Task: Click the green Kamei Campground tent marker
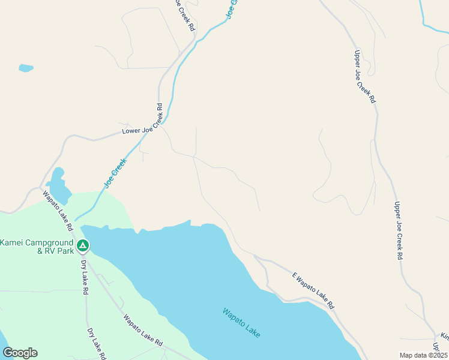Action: (x=83, y=245)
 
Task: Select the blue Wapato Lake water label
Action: (x=241, y=322)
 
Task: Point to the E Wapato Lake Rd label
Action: (x=313, y=290)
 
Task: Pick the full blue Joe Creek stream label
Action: (x=116, y=173)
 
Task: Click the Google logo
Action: (x=20, y=352)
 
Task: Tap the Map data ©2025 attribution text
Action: (x=423, y=355)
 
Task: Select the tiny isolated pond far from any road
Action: (x=26, y=68)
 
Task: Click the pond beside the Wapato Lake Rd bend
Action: (x=58, y=186)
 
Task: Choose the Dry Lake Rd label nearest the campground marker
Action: (x=85, y=276)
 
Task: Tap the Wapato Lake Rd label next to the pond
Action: (x=58, y=211)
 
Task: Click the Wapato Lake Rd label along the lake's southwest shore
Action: (x=143, y=331)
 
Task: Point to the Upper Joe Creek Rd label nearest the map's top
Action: (x=364, y=76)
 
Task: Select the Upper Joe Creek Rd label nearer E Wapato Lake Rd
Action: (x=397, y=230)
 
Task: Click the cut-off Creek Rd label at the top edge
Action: (x=184, y=15)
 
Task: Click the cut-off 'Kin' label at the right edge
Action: (x=444, y=335)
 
